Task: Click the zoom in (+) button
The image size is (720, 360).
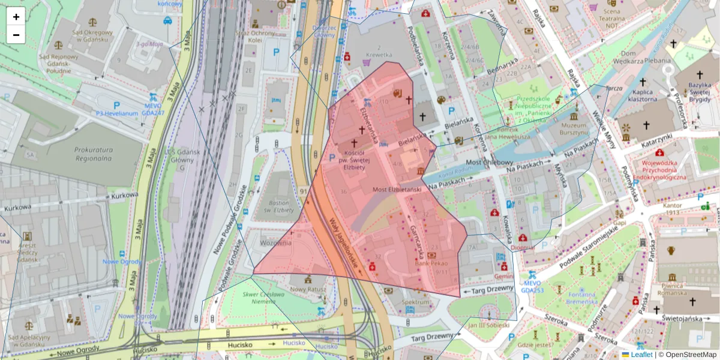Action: coord(16,17)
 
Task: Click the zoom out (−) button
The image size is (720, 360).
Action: coord(16,35)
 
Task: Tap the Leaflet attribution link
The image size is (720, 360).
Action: coord(641,355)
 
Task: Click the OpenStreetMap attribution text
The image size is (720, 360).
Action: coord(691,355)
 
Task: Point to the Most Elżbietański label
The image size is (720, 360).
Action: coord(397,190)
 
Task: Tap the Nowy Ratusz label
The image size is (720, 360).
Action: coord(307,289)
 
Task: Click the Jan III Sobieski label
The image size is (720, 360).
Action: coord(488,325)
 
